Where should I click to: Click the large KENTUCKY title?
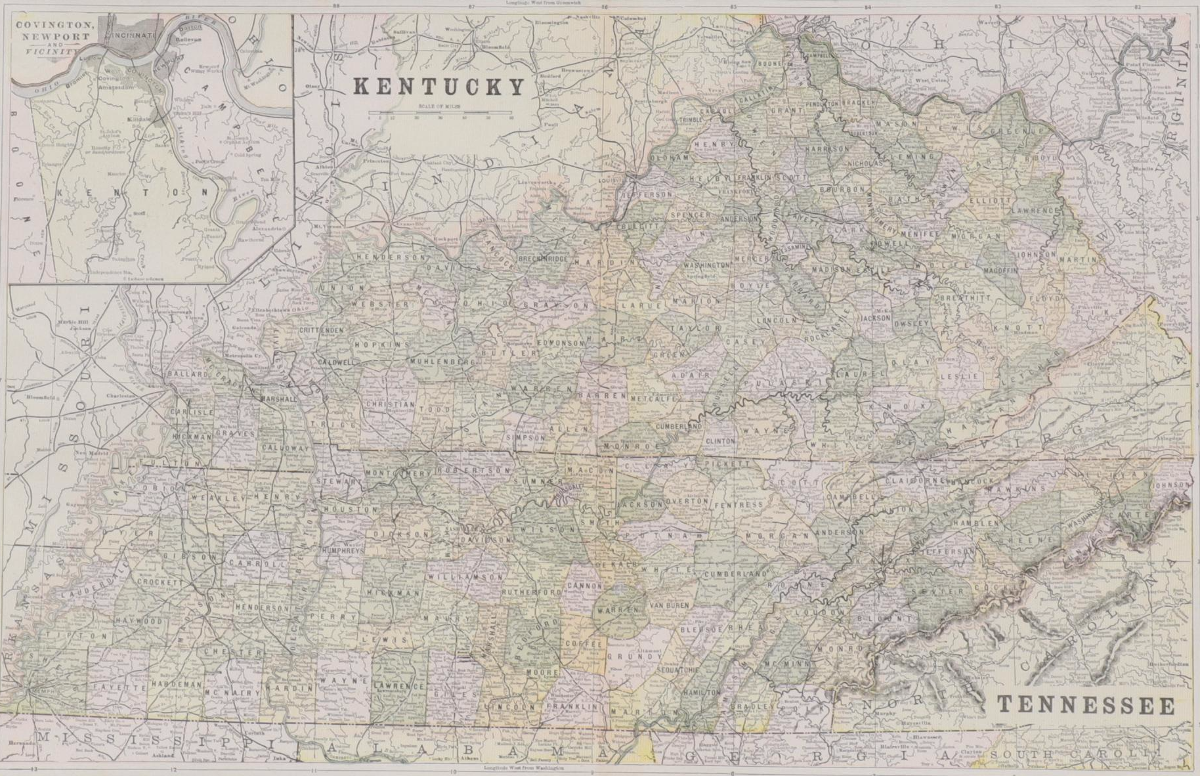click(x=440, y=87)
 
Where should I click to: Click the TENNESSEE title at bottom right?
click(x=1086, y=705)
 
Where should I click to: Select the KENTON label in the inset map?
click(x=134, y=193)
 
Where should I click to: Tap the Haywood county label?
click(x=139, y=620)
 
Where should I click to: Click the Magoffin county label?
click(x=1000, y=270)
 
